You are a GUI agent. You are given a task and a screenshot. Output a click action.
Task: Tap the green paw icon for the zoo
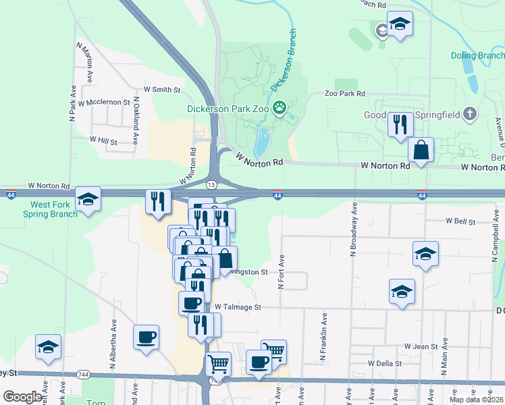tap(279, 107)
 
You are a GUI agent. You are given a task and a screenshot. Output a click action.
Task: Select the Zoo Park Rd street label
tap(344, 94)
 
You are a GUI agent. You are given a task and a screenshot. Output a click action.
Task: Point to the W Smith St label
tap(162, 89)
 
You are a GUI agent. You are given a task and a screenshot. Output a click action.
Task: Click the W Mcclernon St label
tap(103, 103)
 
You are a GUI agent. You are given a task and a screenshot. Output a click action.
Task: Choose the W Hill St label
tap(103, 142)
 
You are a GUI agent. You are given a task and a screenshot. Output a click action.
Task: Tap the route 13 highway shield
tap(212, 185)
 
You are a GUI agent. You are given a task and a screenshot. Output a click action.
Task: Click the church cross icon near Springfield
tap(471, 113)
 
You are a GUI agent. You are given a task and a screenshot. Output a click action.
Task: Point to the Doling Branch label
tap(477, 55)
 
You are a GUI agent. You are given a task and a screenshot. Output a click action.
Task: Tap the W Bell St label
tap(460, 221)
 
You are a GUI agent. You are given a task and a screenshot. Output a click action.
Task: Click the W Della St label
tap(385, 363)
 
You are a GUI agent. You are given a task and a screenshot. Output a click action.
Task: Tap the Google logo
tap(22, 397)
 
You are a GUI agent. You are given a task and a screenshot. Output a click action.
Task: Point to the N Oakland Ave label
tap(136, 121)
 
